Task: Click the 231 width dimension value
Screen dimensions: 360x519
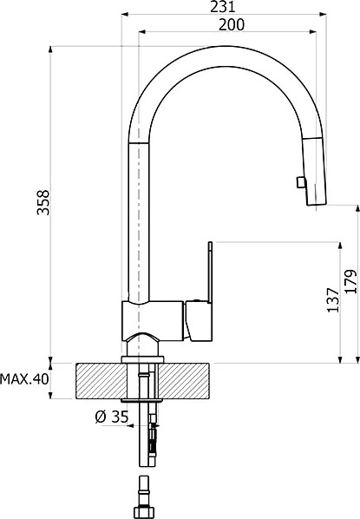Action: (x=223, y=6)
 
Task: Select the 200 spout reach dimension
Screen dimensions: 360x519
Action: (x=232, y=25)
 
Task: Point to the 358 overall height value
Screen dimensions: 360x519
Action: (x=43, y=202)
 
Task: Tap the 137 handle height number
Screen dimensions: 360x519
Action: (x=333, y=299)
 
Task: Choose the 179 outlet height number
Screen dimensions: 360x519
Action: (x=350, y=281)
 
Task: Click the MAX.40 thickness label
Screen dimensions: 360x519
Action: (x=24, y=378)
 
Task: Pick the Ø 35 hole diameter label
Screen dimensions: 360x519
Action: (x=112, y=417)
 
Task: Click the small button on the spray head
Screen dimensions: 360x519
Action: (x=300, y=182)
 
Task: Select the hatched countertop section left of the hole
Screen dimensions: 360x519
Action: (x=101, y=381)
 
